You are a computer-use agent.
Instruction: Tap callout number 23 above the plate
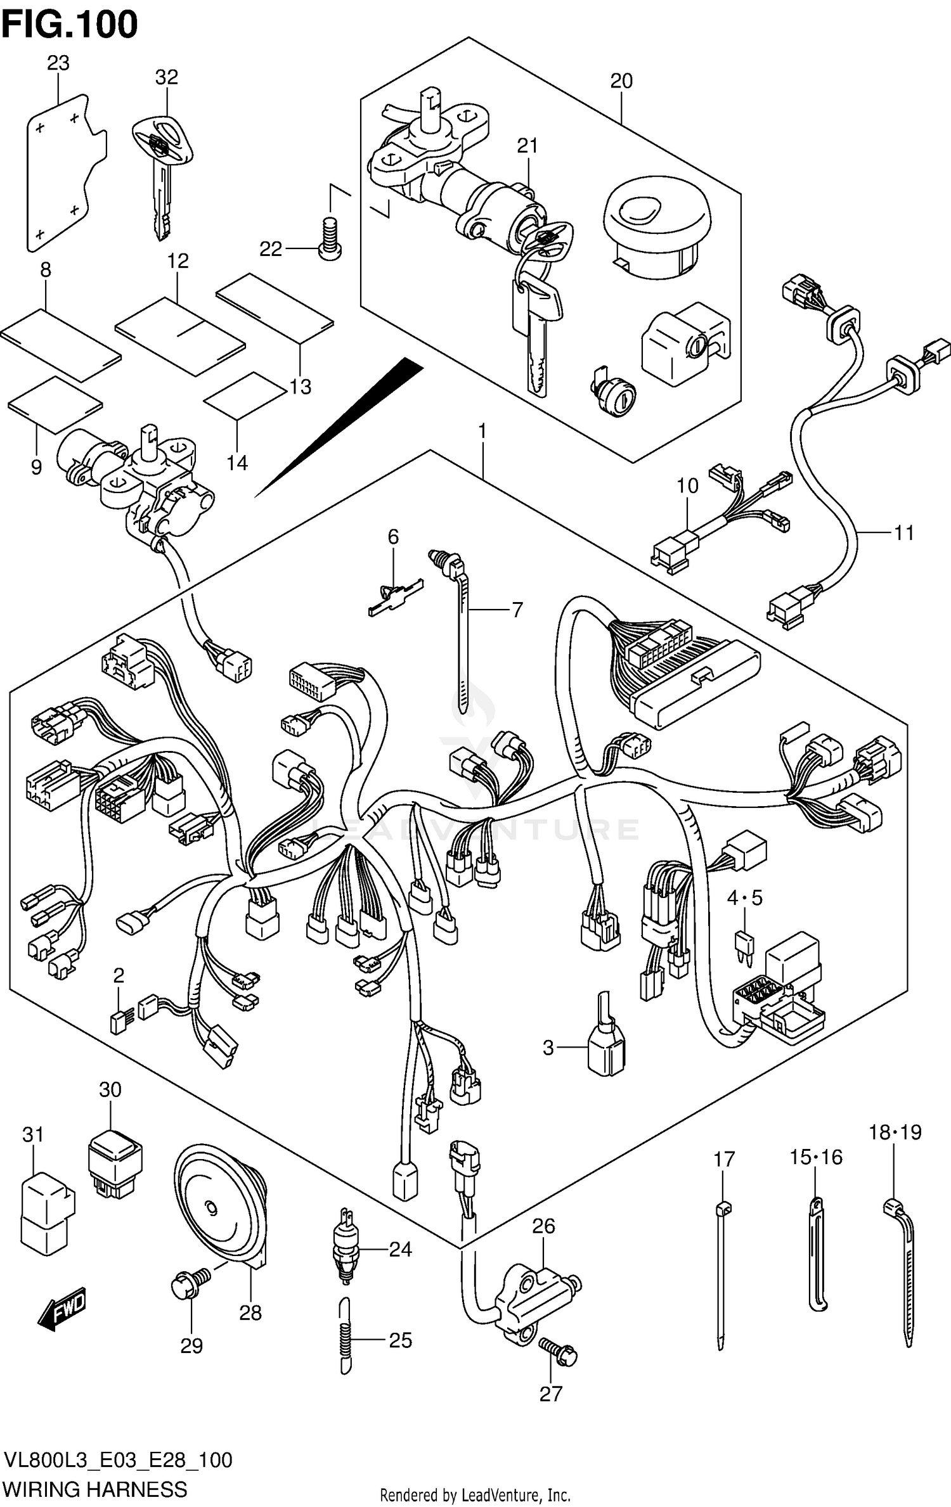click(x=58, y=63)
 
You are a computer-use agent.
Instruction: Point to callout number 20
click(x=621, y=81)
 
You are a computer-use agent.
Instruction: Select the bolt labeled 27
click(x=557, y=1351)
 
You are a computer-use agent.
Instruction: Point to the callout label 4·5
click(x=744, y=897)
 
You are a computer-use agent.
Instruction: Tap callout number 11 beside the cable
click(x=903, y=533)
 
